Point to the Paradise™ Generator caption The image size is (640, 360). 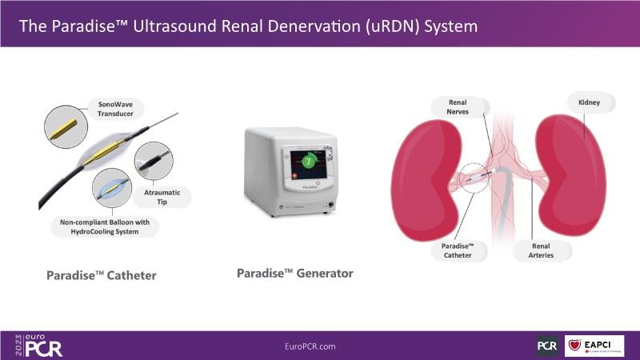(x=294, y=274)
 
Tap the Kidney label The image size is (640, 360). (x=587, y=102)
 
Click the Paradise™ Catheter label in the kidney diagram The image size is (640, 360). (x=459, y=250)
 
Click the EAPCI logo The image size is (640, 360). (x=594, y=346)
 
